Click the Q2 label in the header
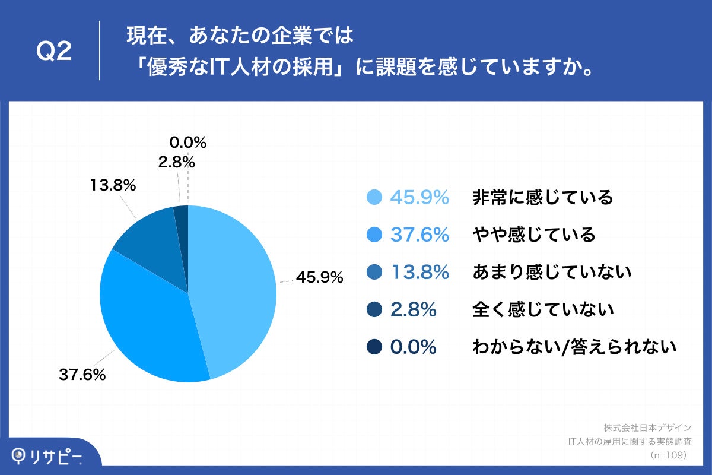click(54, 52)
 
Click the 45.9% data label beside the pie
click(320, 277)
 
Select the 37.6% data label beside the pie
click(82, 375)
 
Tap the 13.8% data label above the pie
click(113, 185)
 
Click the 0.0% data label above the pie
click(187, 142)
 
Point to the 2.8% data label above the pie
click(176, 161)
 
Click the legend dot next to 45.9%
click(374, 198)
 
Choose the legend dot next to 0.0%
click(374, 347)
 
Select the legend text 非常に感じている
click(542, 198)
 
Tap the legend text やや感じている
click(533, 235)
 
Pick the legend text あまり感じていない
click(551, 273)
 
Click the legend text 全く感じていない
click(542, 310)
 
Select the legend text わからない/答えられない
click(574, 347)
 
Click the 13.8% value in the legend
click(419, 273)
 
